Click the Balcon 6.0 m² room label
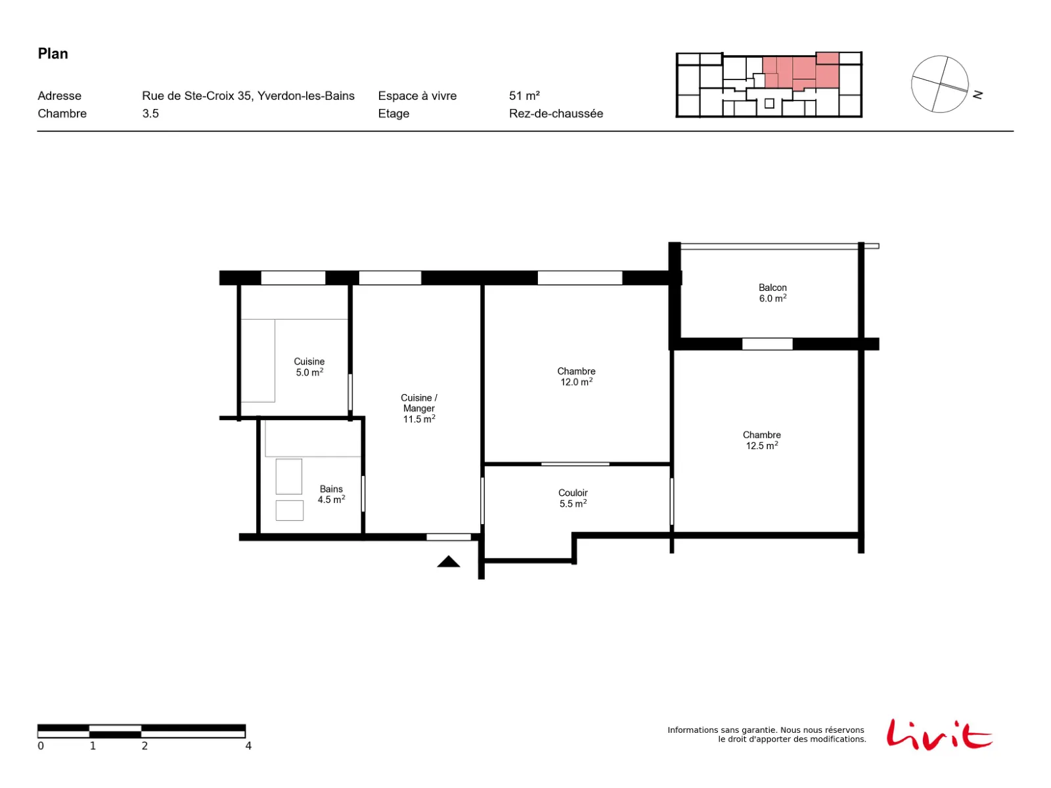(x=772, y=293)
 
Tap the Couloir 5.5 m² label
(x=573, y=498)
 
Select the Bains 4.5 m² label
(x=331, y=494)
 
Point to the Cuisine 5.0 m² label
(x=309, y=367)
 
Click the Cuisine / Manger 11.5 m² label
(x=419, y=408)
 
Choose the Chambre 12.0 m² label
(x=576, y=376)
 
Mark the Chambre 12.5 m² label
(x=761, y=440)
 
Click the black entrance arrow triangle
(x=448, y=561)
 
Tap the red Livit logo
(x=939, y=734)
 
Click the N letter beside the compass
(x=977, y=95)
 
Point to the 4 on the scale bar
(x=248, y=745)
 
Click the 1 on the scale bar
(x=93, y=745)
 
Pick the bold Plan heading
(x=53, y=54)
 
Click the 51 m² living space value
(x=524, y=96)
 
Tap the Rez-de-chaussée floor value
(x=556, y=114)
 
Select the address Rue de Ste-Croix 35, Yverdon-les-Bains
(x=248, y=96)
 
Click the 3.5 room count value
(x=150, y=114)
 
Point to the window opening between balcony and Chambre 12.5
(x=767, y=344)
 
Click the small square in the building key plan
(x=769, y=103)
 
